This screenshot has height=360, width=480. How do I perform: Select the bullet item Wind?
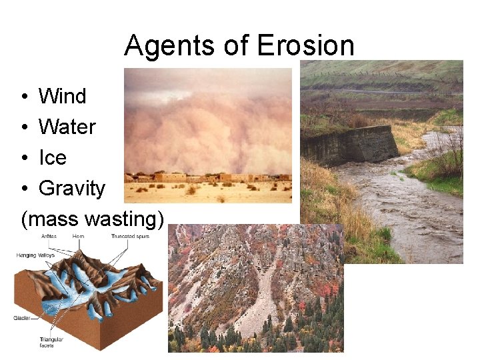point(63,97)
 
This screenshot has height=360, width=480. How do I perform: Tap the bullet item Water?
point(67,127)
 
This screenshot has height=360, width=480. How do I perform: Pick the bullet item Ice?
point(53,158)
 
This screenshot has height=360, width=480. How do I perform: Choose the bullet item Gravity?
point(72,189)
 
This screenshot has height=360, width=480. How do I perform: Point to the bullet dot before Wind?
point(23,97)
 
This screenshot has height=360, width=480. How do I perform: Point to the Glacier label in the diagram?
point(23,319)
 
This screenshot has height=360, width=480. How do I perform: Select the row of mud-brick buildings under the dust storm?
point(207,178)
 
